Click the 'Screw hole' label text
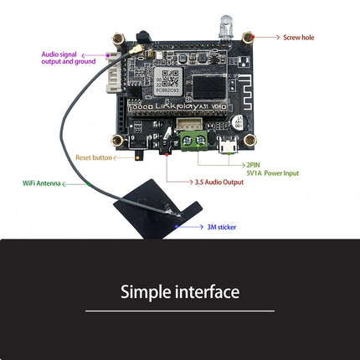click(x=299, y=38)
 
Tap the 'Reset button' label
click(x=92, y=157)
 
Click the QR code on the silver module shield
click(x=169, y=81)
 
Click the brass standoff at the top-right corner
click(x=248, y=38)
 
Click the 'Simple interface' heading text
click(x=180, y=292)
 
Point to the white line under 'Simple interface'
click(x=180, y=311)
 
